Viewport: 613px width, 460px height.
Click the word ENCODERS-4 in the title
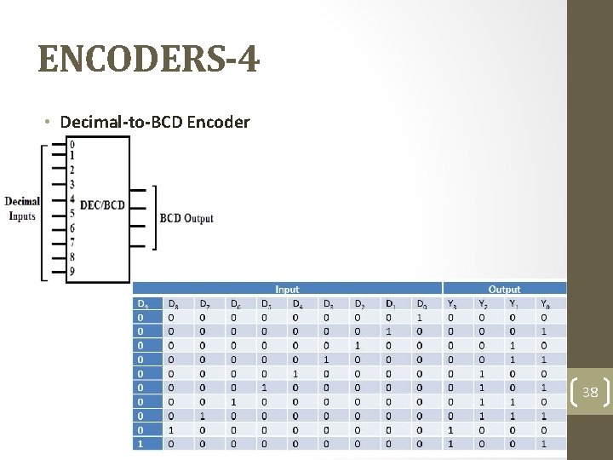(149, 61)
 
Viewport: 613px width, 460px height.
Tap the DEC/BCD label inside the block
(102, 205)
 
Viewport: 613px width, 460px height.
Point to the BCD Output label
(186, 219)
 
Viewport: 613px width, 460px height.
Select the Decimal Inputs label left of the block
(22, 209)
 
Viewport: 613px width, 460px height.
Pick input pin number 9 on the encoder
(72, 272)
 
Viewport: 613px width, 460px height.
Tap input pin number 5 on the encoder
(72, 213)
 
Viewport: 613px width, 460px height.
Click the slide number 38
(590, 393)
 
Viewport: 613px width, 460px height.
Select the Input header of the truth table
(287, 290)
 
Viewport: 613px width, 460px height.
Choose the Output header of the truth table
(504, 290)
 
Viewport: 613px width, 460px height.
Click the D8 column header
(174, 303)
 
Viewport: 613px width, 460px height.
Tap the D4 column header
(296, 303)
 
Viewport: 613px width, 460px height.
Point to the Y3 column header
(450, 303)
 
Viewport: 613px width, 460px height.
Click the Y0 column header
(545, 303)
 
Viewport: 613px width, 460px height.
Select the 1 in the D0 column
(420, 317)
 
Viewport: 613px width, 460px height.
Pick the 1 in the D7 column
(203, 416)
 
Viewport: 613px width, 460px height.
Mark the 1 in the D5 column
(265, 388)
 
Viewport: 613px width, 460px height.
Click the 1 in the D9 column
(140, 444)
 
